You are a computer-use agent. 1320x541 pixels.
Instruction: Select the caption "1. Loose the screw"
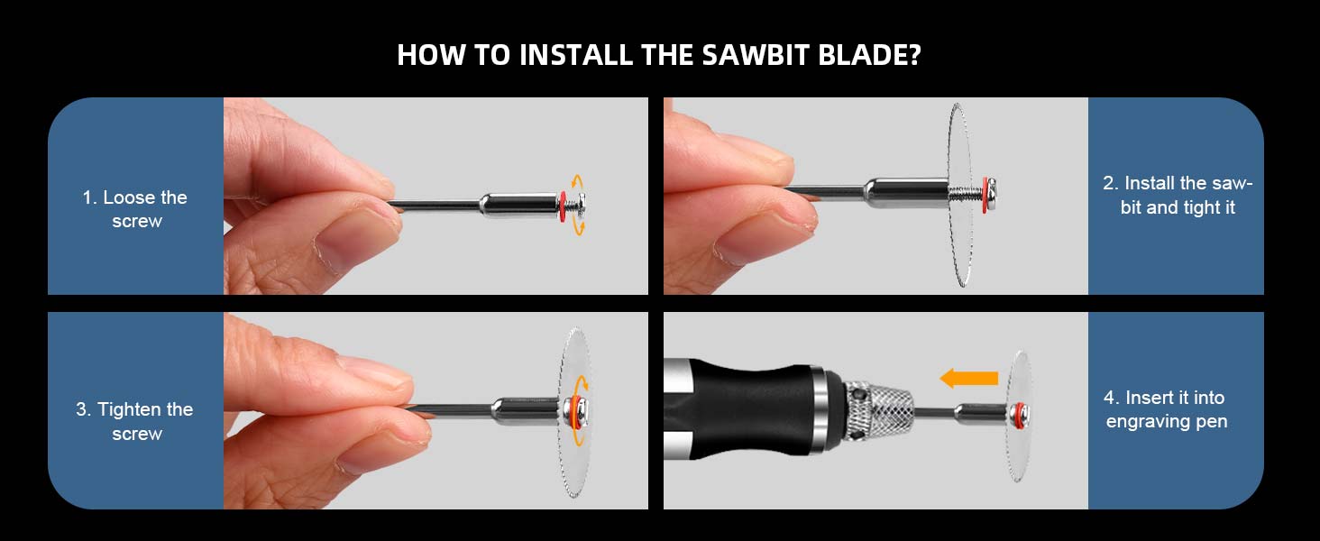point(135,209)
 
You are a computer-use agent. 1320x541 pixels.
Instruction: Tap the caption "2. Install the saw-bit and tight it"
point(1177,195)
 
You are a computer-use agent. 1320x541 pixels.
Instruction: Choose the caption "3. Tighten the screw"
point(135,421)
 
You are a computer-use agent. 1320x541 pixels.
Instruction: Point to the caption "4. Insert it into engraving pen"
point(1166,409)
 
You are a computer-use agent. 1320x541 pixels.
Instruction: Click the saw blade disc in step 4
point(1019,451)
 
